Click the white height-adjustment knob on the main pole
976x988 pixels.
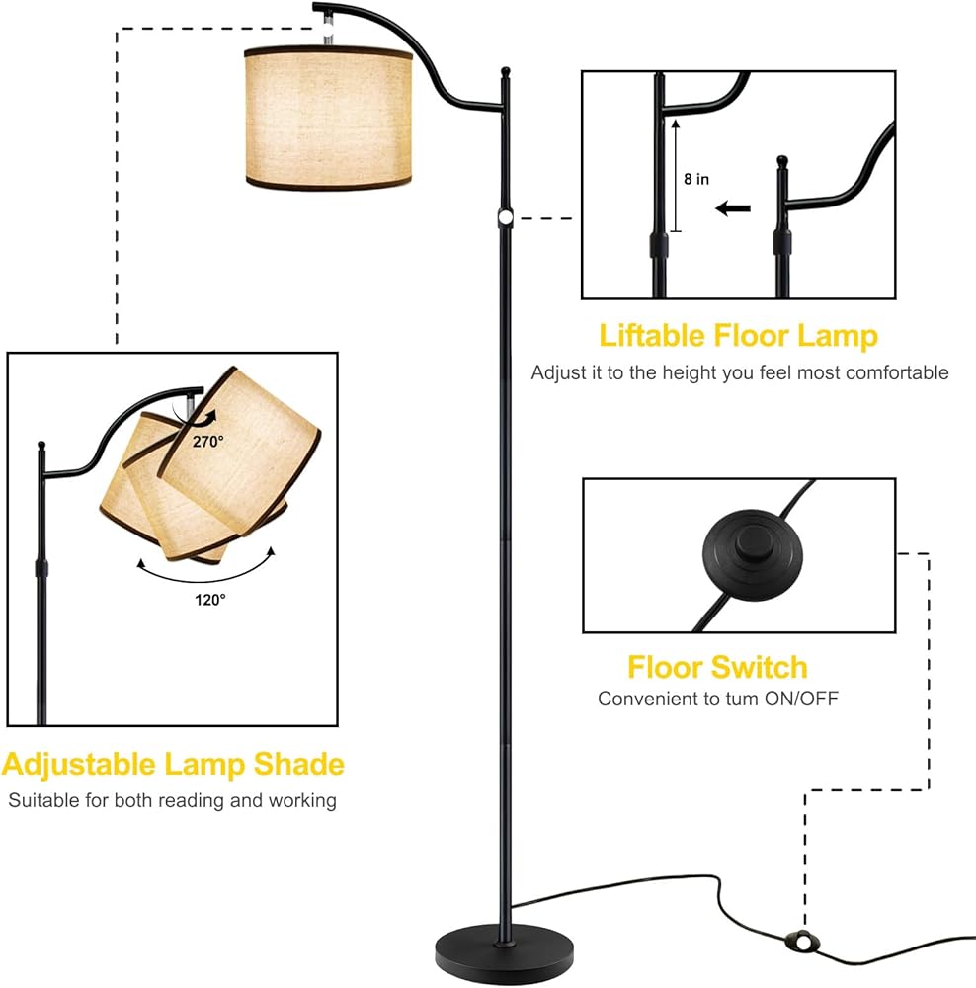click(x=505, y=217)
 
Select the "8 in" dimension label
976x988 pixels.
click(x=696, y=180)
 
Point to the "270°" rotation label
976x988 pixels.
click(x=209, y=442)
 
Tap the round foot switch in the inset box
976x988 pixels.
click(x=737, y=554)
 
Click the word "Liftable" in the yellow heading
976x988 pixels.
click(x=652, y=336)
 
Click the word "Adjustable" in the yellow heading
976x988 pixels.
click(x=79, y=764)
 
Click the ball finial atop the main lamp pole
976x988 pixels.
click(x=506, y=72)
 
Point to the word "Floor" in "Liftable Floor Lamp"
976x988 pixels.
click(x=755, y=336)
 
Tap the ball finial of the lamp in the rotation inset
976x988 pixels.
click(x=42, y=445)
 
